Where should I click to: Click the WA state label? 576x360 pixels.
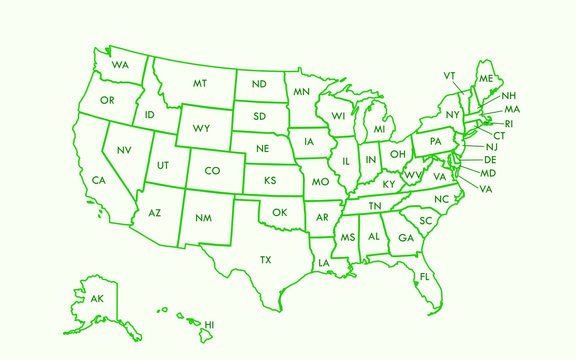click(x=120, y=65)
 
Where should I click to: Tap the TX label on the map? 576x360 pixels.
click(x=266, y=259)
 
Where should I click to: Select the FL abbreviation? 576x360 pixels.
click(x=424, y=276)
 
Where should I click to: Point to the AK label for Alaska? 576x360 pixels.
click(x=97, y=299)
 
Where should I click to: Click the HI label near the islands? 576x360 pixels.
click(x=209, y=325)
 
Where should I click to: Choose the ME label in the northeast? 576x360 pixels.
click(x=486, y=78)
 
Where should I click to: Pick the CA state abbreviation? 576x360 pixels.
click(x=99, y=180)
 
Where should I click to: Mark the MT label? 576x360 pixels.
click(x=200, y=83)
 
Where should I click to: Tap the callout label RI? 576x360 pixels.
click(x=508, y=123)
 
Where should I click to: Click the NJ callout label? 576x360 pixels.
click(x=491, y=147)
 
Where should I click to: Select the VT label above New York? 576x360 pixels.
click(x=449, y=76)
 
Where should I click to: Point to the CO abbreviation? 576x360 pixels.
click(x=212, y=171)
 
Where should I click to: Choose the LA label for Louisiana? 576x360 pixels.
click(x=324, y=263)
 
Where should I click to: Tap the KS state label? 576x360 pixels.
click(x=270, y=181)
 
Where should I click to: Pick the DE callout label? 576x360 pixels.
click(x=490, y=160)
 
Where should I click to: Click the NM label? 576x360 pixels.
click(x=203, y=217)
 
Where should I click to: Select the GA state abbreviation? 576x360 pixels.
click(x=404, y=238)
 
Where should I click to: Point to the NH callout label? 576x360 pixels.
click(x=509, y=96)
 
